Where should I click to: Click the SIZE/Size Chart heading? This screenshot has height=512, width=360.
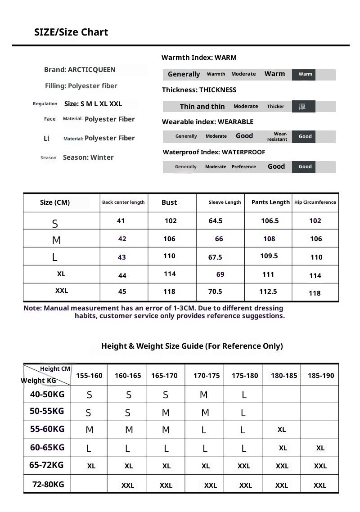tap(71, 32)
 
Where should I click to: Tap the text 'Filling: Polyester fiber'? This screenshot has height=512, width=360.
tap(81, 86)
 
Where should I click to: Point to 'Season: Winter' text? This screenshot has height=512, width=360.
tap(88, 157)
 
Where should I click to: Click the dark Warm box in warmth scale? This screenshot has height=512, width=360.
tap(305, 74)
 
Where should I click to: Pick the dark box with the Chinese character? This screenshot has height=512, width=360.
tap(303, 107)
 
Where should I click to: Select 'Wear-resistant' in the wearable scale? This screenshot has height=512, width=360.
tap(278, 136)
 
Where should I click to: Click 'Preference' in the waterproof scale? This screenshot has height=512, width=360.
tap(243, 167)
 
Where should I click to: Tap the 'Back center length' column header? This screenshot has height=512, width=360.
tap(123, 202)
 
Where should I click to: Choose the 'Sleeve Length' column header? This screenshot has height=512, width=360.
tap(225, 202)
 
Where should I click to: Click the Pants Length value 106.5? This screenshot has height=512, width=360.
tap(270, 221)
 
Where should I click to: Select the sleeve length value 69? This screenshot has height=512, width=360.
tap(220, 274)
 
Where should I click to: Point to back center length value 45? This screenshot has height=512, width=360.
tap(122, 292)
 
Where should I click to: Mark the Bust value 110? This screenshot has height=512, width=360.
tap(169, 256)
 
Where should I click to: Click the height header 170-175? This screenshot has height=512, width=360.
tap(207, 376)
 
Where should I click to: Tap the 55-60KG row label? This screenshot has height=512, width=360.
tap(47, 429)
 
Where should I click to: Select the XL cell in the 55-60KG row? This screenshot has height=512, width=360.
tap(282, 430)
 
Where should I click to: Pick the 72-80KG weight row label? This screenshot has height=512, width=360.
tap(48, 485)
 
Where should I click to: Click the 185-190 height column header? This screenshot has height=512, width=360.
tap(321, 376)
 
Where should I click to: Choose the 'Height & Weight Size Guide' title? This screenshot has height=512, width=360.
tap(192, 346)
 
